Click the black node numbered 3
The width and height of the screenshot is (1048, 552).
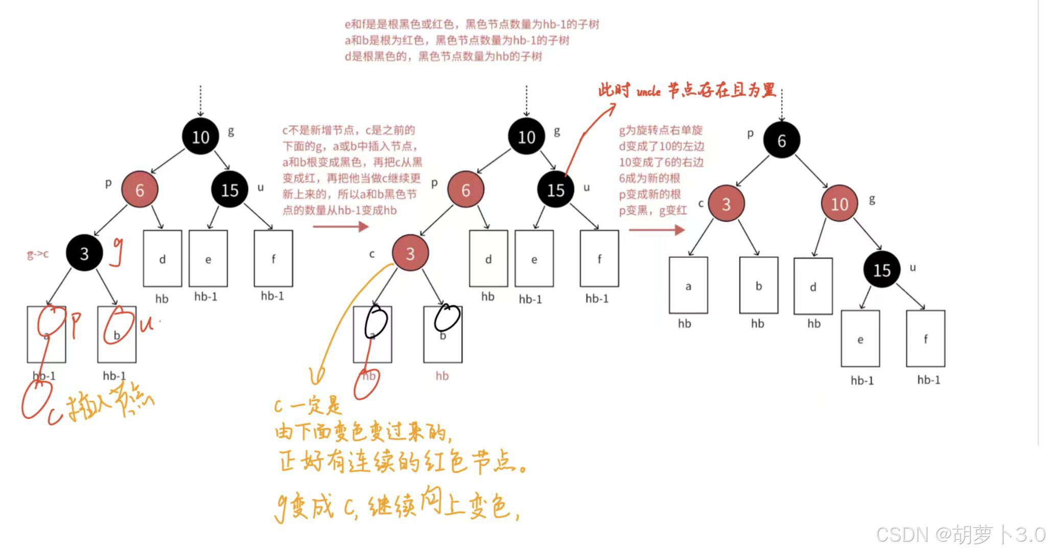click(x=84, y=253)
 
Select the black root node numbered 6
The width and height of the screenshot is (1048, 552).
click(x=781, y=141)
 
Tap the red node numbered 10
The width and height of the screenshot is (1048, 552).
click(x=839, y=204)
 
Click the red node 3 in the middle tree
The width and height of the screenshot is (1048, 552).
click(x=410, y=253)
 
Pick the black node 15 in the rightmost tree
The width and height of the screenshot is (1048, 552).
click(x=881, y=269)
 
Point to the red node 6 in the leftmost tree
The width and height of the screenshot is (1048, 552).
click(x=139, y=190)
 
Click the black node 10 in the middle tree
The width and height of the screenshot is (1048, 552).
click(x=526, y=136)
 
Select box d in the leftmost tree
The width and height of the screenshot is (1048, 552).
click(x=162, y=259)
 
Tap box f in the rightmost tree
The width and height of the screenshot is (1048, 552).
click(x=925, y=338)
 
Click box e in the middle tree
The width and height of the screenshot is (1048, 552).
click(x=534, y=259)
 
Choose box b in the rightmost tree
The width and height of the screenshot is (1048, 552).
click(x=758, y=285)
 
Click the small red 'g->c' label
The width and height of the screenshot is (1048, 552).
click(x=38, y=254)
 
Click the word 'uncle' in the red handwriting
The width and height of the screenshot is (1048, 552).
click(x=648, y=92)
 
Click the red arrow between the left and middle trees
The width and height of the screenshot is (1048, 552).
click(x=340, y=226)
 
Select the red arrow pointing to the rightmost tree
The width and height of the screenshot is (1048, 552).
click(x=656, y=229)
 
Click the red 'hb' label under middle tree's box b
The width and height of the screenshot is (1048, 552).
click(x=442, y=376)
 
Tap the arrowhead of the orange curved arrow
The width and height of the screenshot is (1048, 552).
click(x=317, y=378)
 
